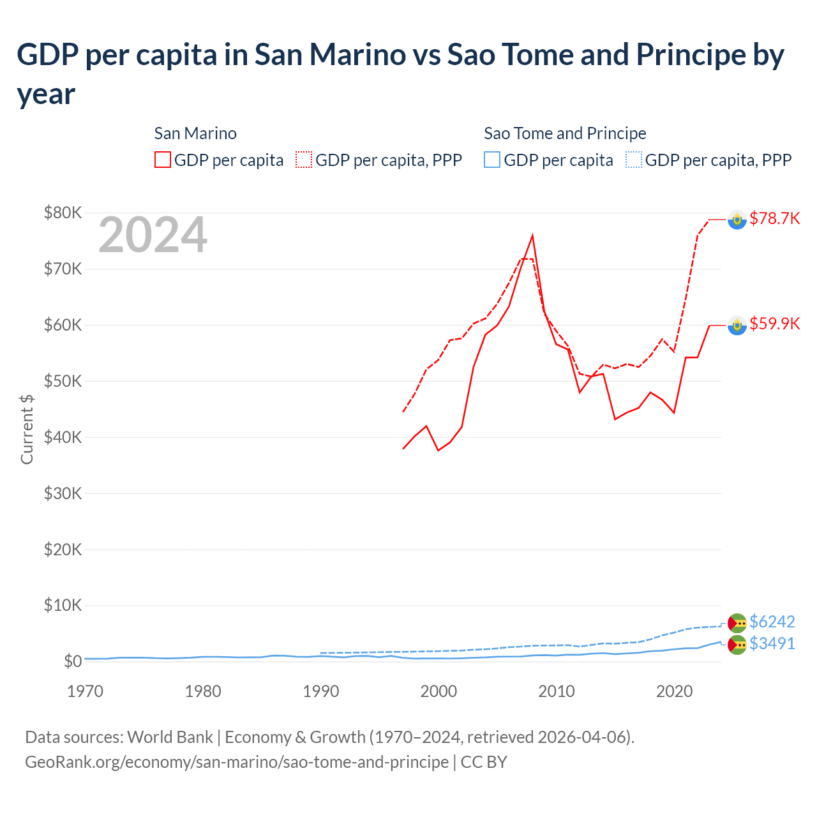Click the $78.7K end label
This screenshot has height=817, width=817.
point(774,218)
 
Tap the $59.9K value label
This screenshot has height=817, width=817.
point(774,324)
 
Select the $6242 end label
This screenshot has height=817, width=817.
point(772,622)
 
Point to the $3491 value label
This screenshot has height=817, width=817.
point(772,643)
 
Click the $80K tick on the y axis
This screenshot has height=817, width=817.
point(63,213)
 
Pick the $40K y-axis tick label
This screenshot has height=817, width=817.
point(63,437)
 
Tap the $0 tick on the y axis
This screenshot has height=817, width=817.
point(72,661)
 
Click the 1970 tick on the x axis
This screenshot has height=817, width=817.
point(85,691)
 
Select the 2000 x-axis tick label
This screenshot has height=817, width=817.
point(438,691)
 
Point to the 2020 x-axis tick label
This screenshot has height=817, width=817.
point(674,691)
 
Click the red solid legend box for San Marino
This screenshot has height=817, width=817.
point(163,160)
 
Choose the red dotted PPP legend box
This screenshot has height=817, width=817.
point(304,160)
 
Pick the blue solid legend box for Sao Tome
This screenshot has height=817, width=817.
point(492,160)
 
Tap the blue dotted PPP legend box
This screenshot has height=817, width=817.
point(633,160)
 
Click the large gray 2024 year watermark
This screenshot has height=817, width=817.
point(153,236)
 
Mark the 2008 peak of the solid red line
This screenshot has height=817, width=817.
point(532,236)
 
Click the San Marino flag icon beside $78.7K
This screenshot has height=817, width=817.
point(737,220)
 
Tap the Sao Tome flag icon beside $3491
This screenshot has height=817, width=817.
point(737,645)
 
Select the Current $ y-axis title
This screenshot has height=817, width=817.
point(27,429)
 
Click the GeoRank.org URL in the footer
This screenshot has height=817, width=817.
point(236,762)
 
